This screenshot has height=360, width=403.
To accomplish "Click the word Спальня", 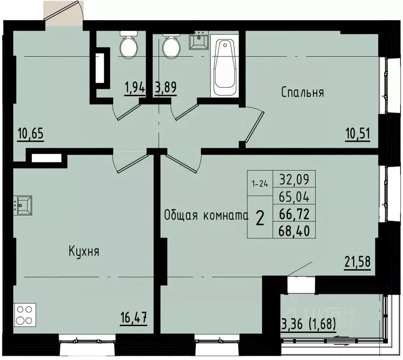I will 302,92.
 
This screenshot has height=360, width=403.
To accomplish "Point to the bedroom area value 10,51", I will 358,135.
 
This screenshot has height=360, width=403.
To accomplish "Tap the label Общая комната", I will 206,215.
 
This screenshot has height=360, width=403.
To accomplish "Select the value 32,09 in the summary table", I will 297,179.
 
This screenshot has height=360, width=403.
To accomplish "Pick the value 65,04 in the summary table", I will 297,196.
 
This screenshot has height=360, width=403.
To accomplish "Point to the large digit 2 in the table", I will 259,218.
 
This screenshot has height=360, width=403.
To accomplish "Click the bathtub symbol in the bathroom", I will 225,68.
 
